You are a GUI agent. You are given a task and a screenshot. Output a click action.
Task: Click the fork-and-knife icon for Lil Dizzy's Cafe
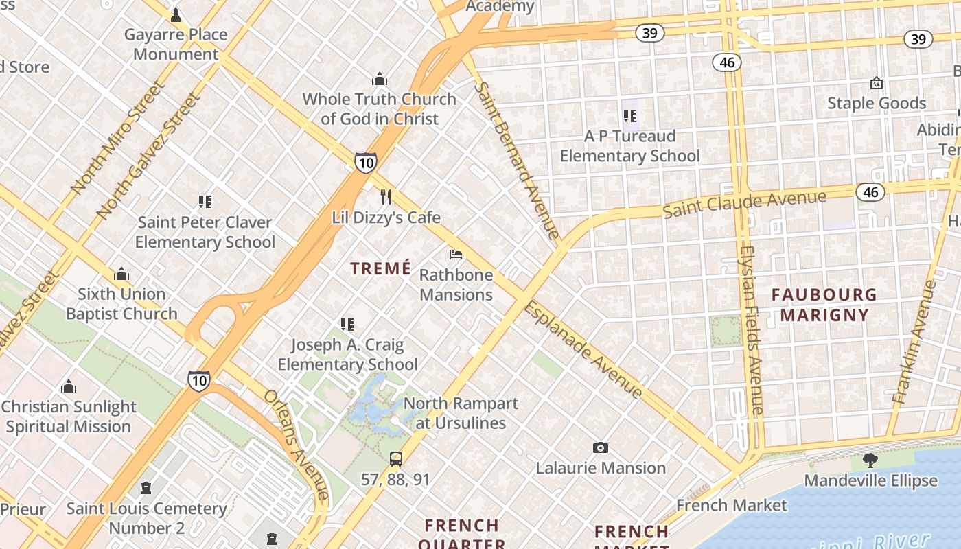(386, 197)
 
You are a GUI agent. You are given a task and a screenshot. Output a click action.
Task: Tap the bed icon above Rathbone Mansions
(456, 255)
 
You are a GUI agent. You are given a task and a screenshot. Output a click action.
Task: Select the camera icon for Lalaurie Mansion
(601, 448)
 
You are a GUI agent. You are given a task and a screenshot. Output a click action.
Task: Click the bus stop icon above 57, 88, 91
(396, 459)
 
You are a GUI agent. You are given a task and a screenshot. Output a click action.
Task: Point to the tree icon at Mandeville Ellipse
(870, 460)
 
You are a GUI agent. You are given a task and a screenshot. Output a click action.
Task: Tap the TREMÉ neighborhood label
(381, 268)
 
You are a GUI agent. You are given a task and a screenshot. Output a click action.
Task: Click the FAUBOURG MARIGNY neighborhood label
(824, 305)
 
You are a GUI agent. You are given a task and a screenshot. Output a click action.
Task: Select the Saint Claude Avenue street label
(744, 204)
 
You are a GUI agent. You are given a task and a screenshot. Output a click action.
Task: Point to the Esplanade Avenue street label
(583, 349)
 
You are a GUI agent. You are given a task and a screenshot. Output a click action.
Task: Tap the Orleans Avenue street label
(297, 445)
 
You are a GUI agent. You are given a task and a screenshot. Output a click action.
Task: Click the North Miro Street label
(117, 137)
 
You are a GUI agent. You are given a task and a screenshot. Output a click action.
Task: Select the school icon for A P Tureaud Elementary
(629, 116)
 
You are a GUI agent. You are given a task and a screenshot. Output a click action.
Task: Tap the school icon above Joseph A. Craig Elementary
(347, 324)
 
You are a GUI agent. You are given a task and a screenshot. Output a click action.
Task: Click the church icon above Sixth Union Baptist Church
(121, 274)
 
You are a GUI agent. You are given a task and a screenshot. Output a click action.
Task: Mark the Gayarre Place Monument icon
(176, 14)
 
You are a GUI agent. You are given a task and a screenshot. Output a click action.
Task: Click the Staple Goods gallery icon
(876, 83)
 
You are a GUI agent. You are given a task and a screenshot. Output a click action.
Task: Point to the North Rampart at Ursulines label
(461, 413)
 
